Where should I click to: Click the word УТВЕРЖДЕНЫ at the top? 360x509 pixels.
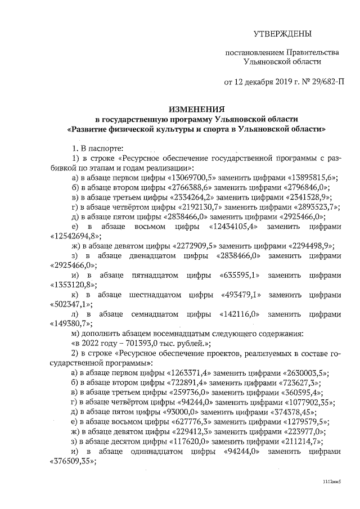[x=282, y=34]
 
